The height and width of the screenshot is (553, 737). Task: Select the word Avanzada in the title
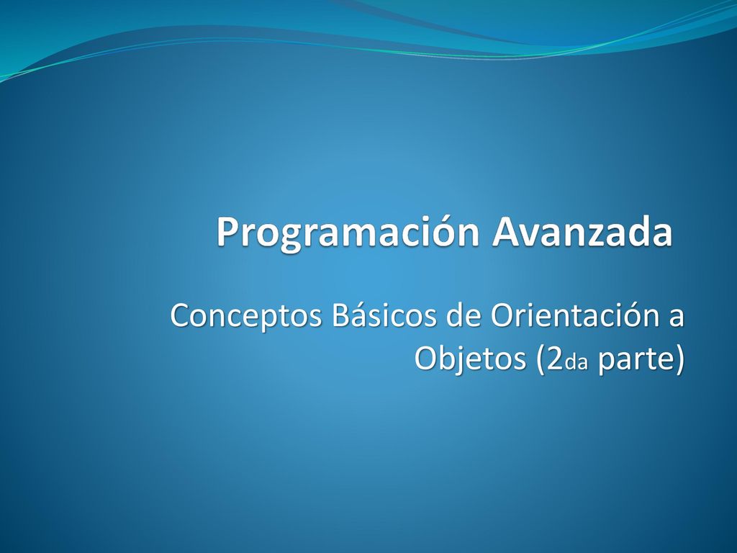(x=582, y=231)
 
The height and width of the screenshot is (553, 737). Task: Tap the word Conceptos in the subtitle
(x=246, y=317)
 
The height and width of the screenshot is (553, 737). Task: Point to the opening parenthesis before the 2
(x=540, y=361)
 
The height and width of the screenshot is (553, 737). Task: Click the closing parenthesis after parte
(x=679, y=361)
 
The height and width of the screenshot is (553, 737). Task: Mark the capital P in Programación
(x=227, y=232)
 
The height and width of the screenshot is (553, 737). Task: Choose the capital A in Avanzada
(x=505, y=232)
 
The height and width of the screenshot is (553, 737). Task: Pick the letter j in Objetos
(x=456, y=362)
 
